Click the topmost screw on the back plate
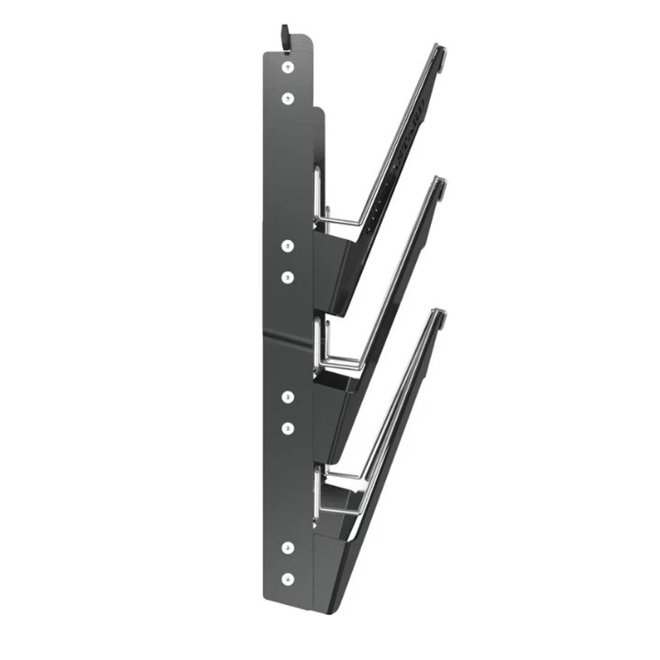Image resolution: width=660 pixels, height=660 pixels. coord(288,68)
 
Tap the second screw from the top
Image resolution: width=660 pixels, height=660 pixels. coord(288,97)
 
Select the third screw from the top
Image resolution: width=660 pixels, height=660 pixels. coord(288,246)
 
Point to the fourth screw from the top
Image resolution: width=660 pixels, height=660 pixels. coord(288,276)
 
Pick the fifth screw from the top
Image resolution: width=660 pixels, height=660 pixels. coord(288,397)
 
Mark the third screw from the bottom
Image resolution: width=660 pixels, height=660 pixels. coord(288,427)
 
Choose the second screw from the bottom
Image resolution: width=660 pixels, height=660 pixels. coord(288,547)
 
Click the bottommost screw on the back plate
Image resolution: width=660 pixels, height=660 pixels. coord(288,578)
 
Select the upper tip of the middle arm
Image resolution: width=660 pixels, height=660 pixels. coord(441,186)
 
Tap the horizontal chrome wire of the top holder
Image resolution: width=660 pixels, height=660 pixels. coord(339,221)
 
